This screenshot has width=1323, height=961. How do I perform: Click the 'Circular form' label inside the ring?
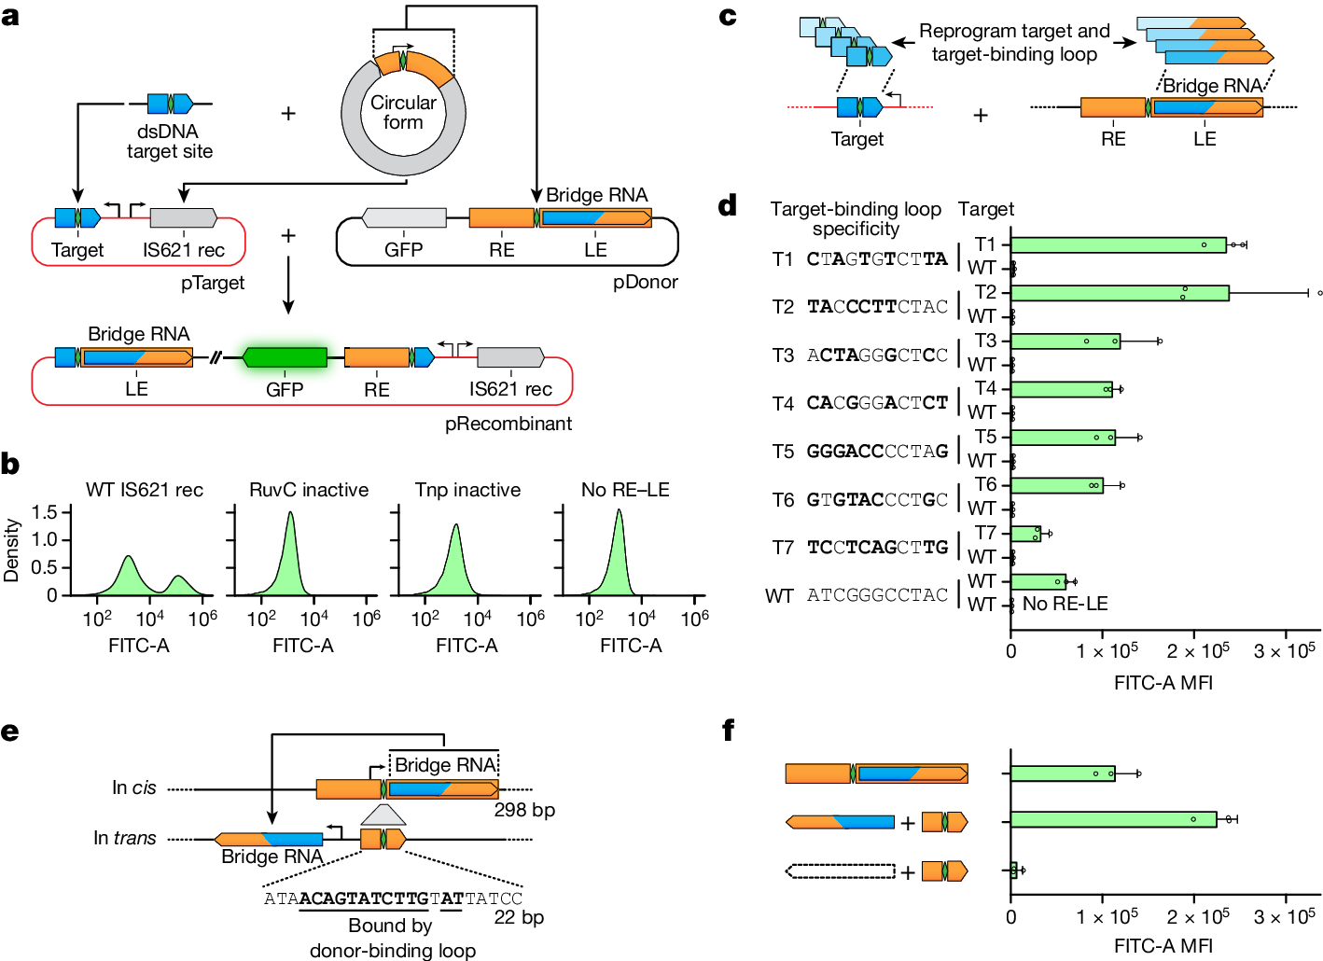pos(403,112)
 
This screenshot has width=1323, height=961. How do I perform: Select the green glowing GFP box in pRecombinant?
pos(285,357)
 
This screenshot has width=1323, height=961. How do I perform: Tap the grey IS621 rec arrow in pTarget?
pos(183,218)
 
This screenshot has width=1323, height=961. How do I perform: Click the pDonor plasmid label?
pos(645,282)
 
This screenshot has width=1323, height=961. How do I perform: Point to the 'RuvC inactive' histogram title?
pos(309,490)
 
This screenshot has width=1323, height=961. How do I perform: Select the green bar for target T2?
pos(1120,293)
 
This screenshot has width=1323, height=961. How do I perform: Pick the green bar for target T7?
pos(1025,534)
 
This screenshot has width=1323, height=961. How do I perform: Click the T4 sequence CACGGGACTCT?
pos(877,403)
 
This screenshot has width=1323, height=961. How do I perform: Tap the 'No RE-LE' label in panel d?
pos(1065,604)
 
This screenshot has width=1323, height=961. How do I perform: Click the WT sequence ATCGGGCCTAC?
pos(877,595)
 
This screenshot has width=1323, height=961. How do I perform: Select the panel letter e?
pos(10,731)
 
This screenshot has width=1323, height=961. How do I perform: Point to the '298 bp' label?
pos(524,810)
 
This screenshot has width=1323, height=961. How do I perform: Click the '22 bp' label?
pos(519,917)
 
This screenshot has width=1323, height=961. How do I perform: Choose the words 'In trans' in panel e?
pos(125,838)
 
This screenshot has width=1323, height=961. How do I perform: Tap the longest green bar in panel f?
pos(1113,820)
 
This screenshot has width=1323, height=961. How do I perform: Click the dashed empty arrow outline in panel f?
pos(840,871)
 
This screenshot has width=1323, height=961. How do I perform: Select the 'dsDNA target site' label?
pos(169,142)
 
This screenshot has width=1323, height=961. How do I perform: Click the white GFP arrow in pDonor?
pos(403,218)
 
